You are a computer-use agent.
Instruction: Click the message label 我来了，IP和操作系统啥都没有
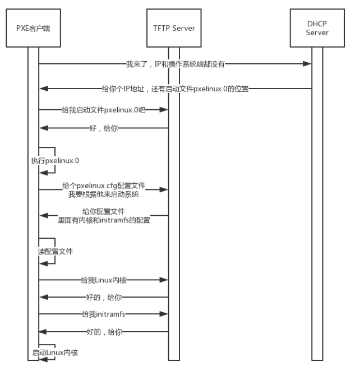(x=176, y=64)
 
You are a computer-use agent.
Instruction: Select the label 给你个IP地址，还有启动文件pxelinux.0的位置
(x=175, y=89)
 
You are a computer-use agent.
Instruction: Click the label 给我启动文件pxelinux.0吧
(x=104, y=110)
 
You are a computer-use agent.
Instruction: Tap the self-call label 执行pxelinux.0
(x=55, y=161)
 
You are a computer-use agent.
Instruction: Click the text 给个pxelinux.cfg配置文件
(x=104, y=185)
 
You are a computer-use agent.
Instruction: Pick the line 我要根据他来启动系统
(x=104, y=194)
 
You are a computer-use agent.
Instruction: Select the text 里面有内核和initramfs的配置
(x=104, y=220)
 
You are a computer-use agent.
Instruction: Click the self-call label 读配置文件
(x=55, y=252)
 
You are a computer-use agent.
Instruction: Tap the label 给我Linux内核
(x=104, y=280)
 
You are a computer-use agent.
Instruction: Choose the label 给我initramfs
(x=103, y=314)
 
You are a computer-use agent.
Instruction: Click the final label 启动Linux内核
(x=55, y=352)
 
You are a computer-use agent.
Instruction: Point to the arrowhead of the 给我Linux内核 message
(x=164, y=280)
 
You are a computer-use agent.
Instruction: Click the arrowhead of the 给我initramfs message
(x=164, y=314)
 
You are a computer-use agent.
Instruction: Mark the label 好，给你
(x=104, y=128)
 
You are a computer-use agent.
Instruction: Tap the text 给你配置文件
(x=104, y=211)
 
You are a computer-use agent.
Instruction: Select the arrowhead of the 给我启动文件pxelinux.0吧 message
(x=164, y=110)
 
